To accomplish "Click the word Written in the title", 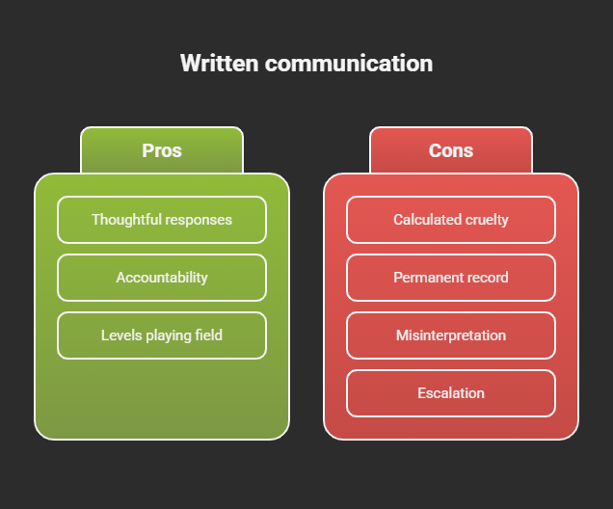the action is [x=220, y=64].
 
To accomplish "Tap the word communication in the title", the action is [x=349, y=64].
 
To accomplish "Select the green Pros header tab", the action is [x=162, y=150].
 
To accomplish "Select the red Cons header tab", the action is [x=451, y=150].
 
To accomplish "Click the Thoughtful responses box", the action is [x=162, y=220].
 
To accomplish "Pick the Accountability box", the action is [x=162, y=278].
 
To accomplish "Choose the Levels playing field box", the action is [x=162, y=335].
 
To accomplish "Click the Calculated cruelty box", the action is [x=451, y=220].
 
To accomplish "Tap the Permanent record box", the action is [x=451, y=278].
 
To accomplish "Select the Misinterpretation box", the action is [x=451, y=335].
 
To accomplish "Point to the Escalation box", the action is [x=451, y=393].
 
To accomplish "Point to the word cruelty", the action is [x=487, y=220].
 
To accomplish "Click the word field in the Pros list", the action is [x=208, y=335].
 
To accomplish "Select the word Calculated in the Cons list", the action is [x=427, y=220].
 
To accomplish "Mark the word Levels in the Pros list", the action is [x=121, y=335].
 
